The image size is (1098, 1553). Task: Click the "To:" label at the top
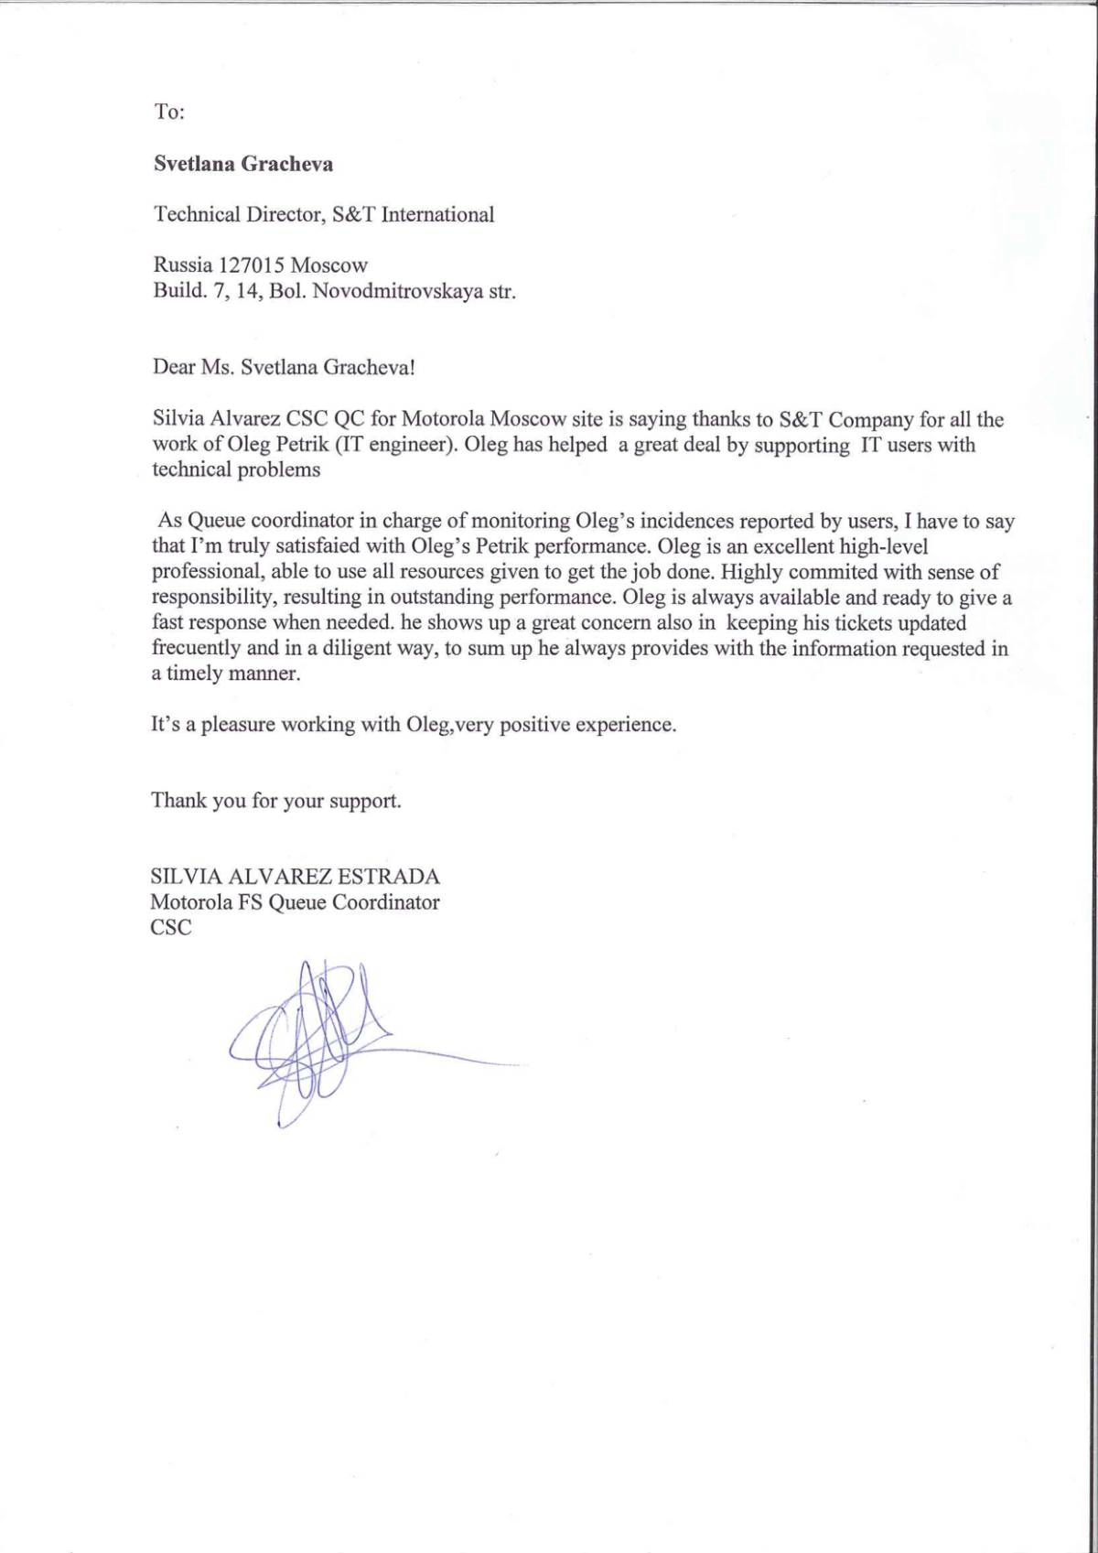click(169, 112)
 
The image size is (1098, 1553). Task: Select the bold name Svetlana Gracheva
click(243, 164)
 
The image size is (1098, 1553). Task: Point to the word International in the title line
click(437, 215)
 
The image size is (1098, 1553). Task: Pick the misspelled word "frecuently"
click(197, 649)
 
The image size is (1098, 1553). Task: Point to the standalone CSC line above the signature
click(171, 927)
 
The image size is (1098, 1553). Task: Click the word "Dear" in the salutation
click(174, 368)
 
